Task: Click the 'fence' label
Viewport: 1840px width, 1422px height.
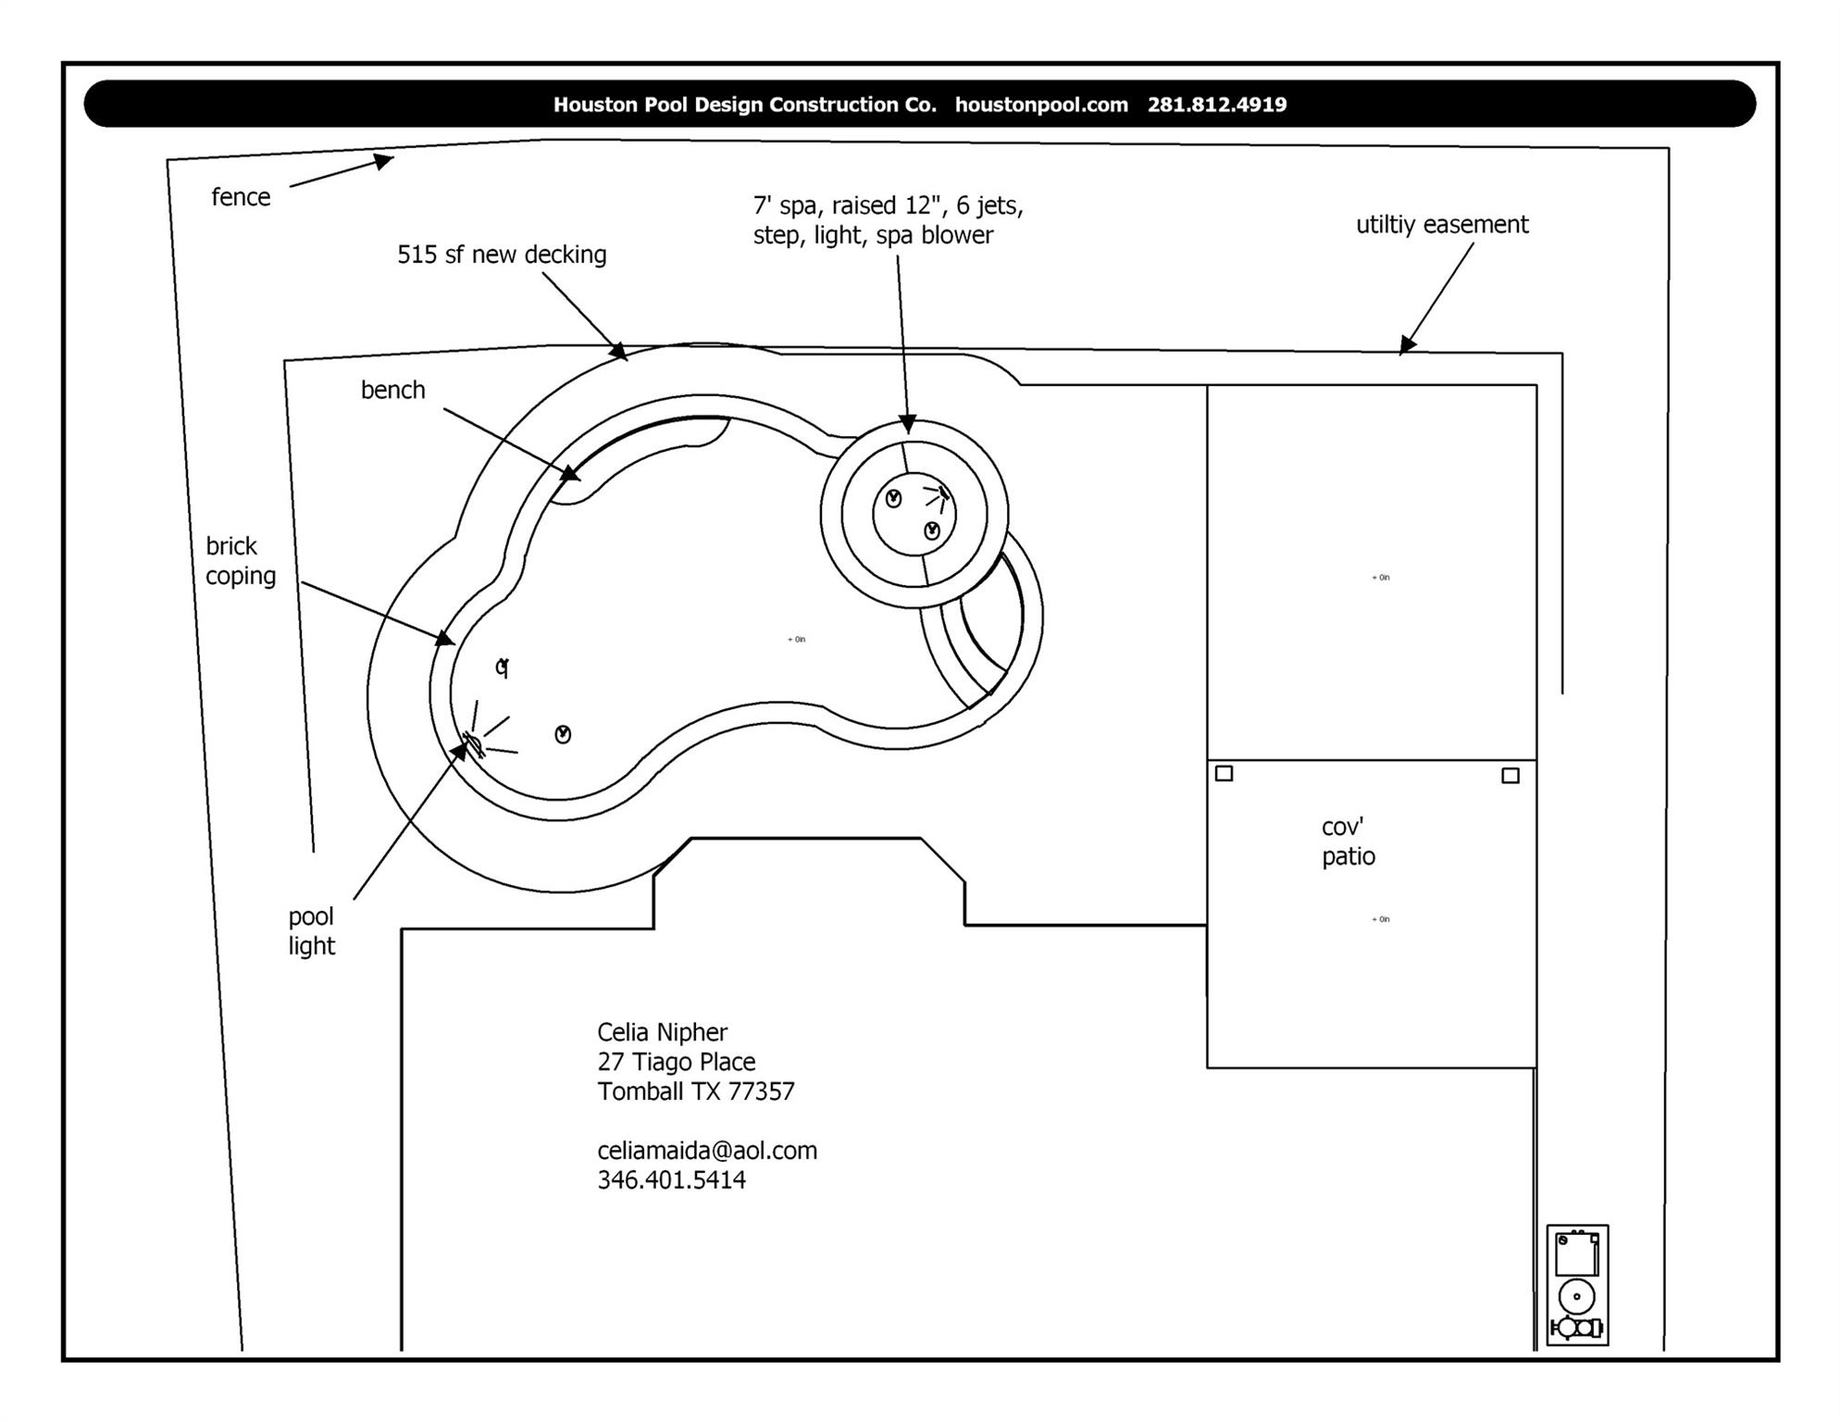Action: pos(241,197)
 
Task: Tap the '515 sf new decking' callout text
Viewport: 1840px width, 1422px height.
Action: pos(502,255)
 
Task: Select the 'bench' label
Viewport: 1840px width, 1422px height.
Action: pos(392,390)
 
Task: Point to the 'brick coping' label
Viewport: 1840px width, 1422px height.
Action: pos(241,561)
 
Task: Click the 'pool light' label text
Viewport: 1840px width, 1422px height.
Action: pos(311,931)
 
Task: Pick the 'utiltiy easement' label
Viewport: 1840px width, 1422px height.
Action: pos(1441,225)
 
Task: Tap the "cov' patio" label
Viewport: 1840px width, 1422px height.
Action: pos(1348,842)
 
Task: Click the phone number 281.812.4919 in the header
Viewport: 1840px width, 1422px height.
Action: pos(1216,105)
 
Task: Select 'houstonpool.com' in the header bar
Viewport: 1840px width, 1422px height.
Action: pos(1041,105)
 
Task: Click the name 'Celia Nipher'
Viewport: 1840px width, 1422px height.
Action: pos(662,1032)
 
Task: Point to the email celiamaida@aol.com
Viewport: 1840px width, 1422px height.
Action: pos(707,1151)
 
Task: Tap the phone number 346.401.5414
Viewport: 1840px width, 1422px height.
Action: pos(671,1180)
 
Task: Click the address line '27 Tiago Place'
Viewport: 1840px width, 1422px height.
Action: pos(676,1062)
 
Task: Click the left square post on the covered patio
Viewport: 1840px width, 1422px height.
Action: pos(1224,773)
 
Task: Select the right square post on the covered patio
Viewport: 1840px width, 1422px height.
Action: pos(1510,776)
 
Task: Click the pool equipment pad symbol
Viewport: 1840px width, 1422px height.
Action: pos(1577,1285)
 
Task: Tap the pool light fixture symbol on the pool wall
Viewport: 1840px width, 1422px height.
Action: pos(473,743)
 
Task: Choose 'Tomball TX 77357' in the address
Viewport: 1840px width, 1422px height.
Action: pos(695,1091)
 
